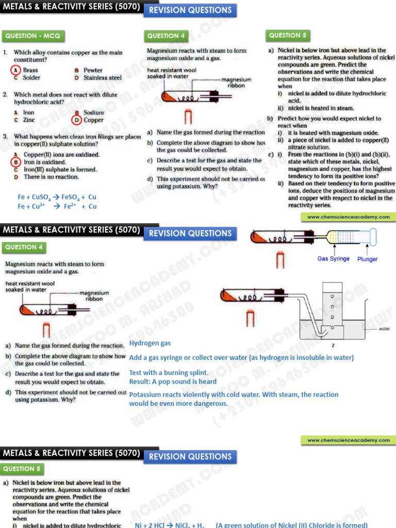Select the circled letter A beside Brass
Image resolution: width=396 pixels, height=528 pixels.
coord(16,70)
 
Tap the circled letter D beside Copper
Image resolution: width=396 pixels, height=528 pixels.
coord(76,120)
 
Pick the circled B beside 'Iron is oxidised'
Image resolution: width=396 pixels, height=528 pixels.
coord(16,162)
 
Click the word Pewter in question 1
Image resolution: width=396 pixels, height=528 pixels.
coord(93,70)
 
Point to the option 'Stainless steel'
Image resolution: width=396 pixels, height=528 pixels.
coord(103,78)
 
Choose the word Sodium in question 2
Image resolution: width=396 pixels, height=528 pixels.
coord(94,112)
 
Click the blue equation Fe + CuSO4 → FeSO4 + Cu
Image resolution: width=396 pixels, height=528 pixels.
coord(57,197)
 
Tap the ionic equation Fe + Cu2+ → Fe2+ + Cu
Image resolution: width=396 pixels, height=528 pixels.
coord(57,206)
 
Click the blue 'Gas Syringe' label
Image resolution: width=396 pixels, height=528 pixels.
coord(333,259)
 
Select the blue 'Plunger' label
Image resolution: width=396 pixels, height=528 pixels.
coord(367,259)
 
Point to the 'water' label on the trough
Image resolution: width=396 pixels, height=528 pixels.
coord(384,328)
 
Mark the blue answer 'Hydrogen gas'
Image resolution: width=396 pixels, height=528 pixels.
coord(150,343)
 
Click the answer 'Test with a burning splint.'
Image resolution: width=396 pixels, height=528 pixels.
coord(169,373)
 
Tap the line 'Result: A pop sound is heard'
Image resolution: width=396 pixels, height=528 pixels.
coord(173,382)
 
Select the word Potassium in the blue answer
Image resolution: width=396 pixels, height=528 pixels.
coord(145,394)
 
